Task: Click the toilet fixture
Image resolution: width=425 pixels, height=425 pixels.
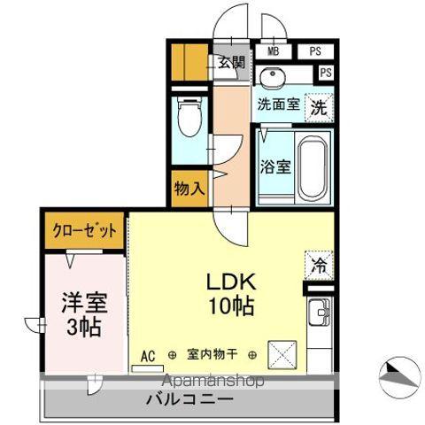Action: (x=189, y=115)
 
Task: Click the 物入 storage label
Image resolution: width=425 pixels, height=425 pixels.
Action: (x=189, y=189)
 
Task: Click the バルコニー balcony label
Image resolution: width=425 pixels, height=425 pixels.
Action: (x=190, y=399)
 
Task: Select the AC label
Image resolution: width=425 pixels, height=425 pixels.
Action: (x=148, y=356)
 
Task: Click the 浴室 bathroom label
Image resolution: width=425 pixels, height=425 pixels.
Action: (x=274, y=166)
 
